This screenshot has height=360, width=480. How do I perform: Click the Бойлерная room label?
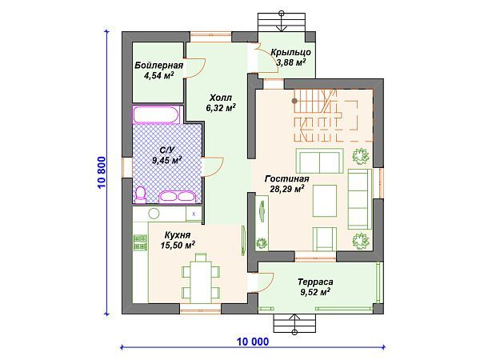coord(159,66)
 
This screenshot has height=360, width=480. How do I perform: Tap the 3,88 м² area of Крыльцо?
coord(291,62)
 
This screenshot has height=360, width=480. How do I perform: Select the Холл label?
coord(221,98)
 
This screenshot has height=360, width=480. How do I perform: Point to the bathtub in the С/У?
coord(156,114)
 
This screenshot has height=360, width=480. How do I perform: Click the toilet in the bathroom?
coord(141,194)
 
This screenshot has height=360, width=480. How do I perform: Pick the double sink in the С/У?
coord(178,197)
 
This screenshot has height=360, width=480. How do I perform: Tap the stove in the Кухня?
coord(140,242)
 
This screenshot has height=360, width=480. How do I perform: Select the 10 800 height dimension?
coord(102,172)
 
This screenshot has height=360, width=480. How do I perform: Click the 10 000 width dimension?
coord(253,342)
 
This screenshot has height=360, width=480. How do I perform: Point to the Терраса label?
coord(315,282)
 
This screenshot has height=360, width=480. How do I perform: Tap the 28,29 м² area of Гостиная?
coord(287,189)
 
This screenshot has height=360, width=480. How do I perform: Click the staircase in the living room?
coord(325,115)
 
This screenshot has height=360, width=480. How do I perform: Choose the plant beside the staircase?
coord(360,156)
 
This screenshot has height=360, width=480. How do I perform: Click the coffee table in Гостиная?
coord(325,201)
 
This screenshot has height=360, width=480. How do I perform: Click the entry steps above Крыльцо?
coord(282,22)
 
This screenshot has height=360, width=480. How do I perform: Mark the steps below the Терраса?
coord(294,323)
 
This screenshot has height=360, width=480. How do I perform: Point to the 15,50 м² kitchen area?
coord(178,246)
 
